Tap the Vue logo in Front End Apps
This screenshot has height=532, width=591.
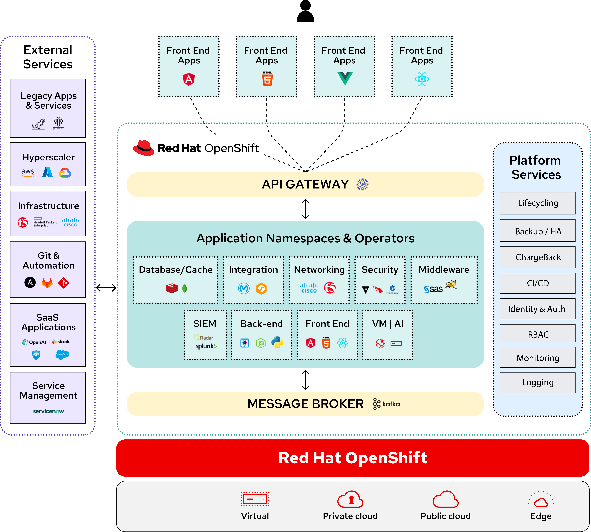point(345,79)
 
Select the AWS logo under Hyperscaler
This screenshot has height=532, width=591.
point(28,172)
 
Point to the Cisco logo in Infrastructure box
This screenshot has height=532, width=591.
point(70,222)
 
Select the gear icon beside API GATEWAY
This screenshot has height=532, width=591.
point(362,184)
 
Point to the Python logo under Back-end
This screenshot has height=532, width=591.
point(277,342)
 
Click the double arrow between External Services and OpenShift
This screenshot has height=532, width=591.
point(106,288)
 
